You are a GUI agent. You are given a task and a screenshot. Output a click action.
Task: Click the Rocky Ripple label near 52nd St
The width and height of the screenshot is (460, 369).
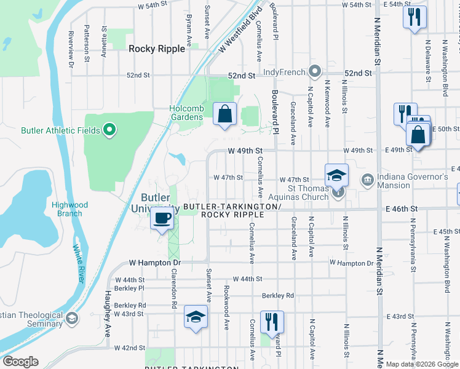pos(157,49)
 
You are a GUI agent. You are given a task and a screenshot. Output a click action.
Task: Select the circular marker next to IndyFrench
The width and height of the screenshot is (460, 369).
pos(315,72)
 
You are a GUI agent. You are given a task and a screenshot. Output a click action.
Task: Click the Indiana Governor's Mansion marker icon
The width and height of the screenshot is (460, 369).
pos(368,180)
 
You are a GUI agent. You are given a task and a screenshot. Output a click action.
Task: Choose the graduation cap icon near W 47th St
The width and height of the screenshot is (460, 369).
pos(336,175)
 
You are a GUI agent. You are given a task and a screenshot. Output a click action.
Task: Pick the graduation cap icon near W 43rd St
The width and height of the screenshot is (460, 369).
pos(196,317)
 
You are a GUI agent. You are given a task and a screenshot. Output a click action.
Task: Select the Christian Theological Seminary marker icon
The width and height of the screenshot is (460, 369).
pos(72,318)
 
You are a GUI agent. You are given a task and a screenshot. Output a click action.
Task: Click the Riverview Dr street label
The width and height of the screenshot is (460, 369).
pos(71,41)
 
